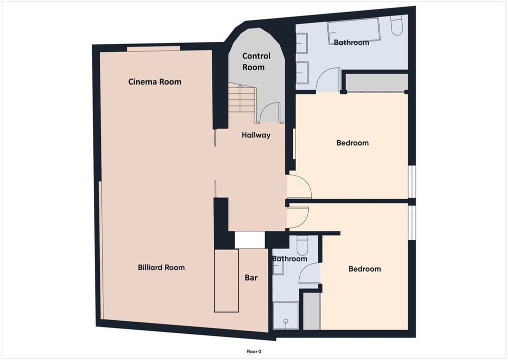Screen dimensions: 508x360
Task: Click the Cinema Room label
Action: [x=154, y=81]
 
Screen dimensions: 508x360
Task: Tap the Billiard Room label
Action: [x=161, y=267]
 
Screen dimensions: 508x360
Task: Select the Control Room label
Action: [x=256, y=61]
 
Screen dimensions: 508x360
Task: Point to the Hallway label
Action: [x=256, y=135]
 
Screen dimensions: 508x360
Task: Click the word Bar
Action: [x=251, y=277]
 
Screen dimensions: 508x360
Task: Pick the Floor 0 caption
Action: [x=254, y=351]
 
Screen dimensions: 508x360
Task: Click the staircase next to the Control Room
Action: [x=242, y=97]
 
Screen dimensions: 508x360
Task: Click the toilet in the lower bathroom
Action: [x=302, y=245]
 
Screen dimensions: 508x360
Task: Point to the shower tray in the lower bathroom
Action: [x=285, y=315]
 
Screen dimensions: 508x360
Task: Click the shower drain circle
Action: [x=286, y=321]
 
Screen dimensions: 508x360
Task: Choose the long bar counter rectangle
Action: [x=226, y=280]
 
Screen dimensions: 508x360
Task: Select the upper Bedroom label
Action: [x=353, y=142]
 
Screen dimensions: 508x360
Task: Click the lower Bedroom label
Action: [x=365, y=269]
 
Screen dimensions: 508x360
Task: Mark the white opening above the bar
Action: [x=250, y=239]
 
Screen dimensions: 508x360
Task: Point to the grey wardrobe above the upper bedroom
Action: [x=377, y=82]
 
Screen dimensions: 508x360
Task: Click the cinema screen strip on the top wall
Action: [x=153, y=48]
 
